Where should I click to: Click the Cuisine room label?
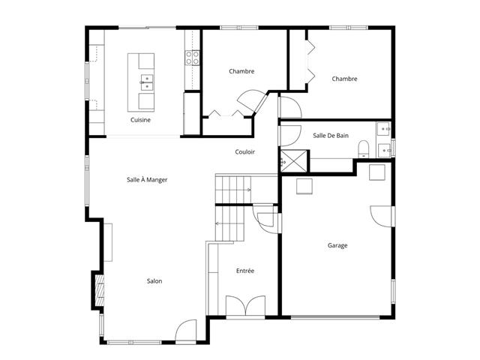[140, 120]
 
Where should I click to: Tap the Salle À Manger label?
[147, 180]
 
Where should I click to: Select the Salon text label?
[154, 281]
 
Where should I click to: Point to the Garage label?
[337, 245]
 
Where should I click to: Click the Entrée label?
[245, 271]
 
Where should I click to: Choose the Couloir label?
[245, 151]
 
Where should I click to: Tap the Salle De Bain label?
[331, 136]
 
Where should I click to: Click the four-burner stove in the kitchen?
[192, 58]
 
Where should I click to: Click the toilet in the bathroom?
[364, 149]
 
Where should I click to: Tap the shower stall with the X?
[294, 161]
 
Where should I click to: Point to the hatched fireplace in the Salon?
[100, 290]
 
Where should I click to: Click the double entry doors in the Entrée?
[245, 305]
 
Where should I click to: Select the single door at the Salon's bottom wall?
[186, 331]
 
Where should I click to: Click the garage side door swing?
[381, 217]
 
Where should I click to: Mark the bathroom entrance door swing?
[290, 136]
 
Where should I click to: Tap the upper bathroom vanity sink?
[384, 129]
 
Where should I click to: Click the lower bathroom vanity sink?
[385, 150]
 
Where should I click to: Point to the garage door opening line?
[335, 316]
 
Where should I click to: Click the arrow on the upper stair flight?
[248, 190]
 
